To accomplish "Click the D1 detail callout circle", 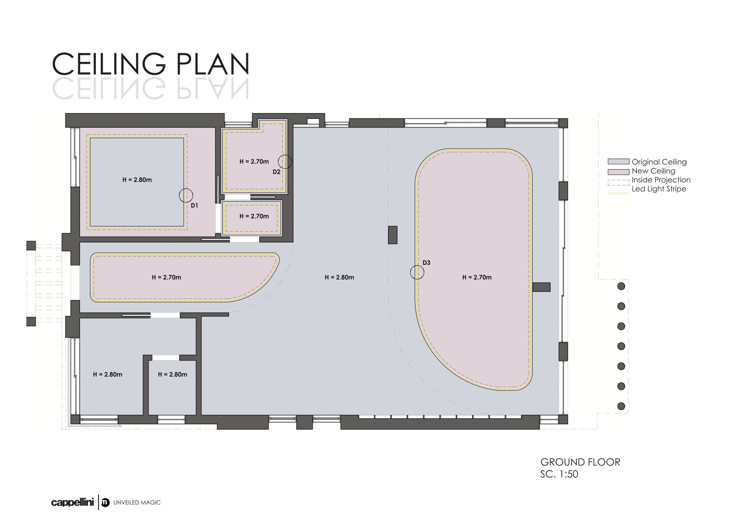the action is coord(179,195).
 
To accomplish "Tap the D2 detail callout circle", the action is coord(278,161).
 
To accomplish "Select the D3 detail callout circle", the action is coord(410,272).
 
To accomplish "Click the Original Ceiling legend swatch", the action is coord(618,161).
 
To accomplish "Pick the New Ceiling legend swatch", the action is coord(618,172).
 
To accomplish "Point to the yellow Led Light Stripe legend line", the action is coord(618,193).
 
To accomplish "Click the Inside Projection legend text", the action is coord(661,180).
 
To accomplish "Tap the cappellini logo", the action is coord(72,503).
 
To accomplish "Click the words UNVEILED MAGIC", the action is coord(137,503).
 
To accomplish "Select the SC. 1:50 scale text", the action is coord(559,474).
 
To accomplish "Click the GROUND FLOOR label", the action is coord(580,462).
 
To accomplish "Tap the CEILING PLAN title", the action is coord(151,64).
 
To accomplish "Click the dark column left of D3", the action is coord(392,235).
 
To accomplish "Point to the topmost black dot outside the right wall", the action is coord(621,286).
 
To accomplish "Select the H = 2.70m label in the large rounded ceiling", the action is coord(477,277).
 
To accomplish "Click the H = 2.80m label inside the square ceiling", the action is coord(137,180).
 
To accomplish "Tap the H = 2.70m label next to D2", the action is coord(254,161).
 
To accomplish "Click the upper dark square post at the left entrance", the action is coord(31,245).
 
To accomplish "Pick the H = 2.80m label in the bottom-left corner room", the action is coord(107,375).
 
